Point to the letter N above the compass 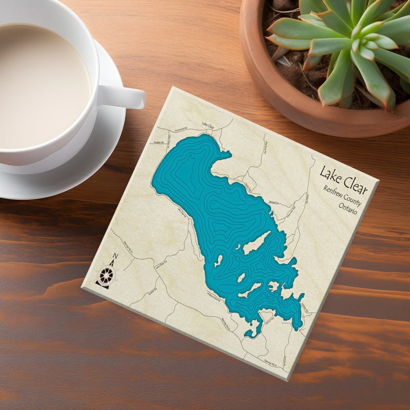pyautogui.click(x=115, y=257)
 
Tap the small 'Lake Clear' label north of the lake pyautogui.click(x=208, y=125)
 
